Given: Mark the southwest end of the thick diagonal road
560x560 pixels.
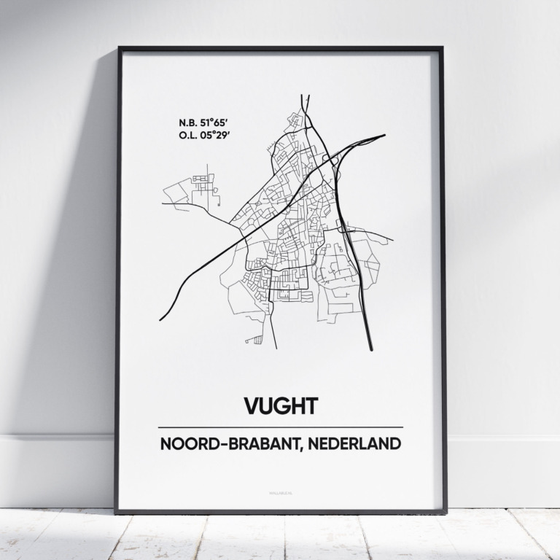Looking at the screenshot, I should (160, 320).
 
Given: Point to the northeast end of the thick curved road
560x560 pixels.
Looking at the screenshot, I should (384, 135).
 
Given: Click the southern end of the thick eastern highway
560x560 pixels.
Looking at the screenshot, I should (371, 350).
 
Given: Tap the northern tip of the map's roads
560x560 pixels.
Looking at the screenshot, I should (305, 95).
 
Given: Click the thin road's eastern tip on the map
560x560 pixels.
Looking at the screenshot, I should (392, 240).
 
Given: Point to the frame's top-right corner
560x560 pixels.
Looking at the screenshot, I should (442, 49).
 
